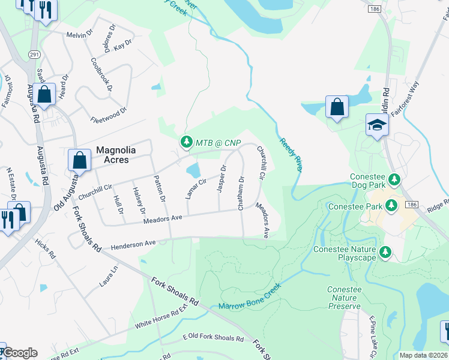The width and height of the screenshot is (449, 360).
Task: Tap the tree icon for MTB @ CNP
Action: click(185, 142)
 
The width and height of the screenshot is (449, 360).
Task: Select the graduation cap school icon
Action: click(377, 125)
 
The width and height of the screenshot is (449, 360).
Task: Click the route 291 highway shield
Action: click(32, 53)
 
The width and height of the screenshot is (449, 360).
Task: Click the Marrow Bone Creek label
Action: click(249, 298)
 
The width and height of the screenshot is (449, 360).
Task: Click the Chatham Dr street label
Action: click(241, 193)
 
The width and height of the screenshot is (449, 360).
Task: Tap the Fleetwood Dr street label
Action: click(109, 111)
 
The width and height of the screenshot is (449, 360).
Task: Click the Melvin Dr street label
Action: click(80, 35)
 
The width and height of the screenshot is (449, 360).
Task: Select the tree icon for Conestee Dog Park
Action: click(394, 179)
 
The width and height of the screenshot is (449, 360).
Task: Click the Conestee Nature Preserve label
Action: click(344, 298)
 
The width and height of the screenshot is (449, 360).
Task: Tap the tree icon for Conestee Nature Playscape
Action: click(387, 253)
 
